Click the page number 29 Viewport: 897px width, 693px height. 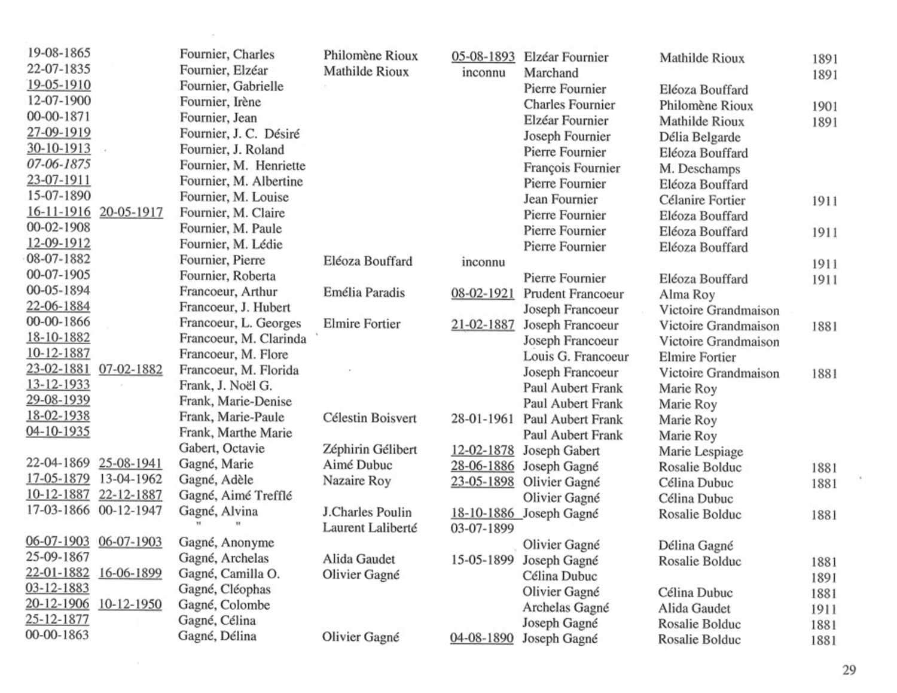849,670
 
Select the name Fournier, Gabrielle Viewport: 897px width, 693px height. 231,86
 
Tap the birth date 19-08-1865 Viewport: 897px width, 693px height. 59,53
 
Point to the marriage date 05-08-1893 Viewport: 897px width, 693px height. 483,57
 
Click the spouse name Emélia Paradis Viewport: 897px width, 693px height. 364,293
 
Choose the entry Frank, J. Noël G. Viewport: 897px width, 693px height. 225,386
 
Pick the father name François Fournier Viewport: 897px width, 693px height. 572,168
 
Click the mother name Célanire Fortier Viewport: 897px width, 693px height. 702,200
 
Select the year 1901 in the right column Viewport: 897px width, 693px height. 824,107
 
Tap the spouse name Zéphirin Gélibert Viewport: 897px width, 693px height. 370,449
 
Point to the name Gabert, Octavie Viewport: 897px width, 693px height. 221,448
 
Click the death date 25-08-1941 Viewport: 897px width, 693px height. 130,463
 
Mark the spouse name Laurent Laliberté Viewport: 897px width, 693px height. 370,528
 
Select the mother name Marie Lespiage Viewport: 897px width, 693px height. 700,451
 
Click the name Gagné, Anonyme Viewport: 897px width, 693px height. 226,543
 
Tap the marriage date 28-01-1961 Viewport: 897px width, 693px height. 482,419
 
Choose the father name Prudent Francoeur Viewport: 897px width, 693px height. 573,294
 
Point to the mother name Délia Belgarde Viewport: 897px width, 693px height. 700,137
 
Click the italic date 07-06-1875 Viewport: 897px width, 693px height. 59,164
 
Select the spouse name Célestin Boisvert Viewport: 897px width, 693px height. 370,418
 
